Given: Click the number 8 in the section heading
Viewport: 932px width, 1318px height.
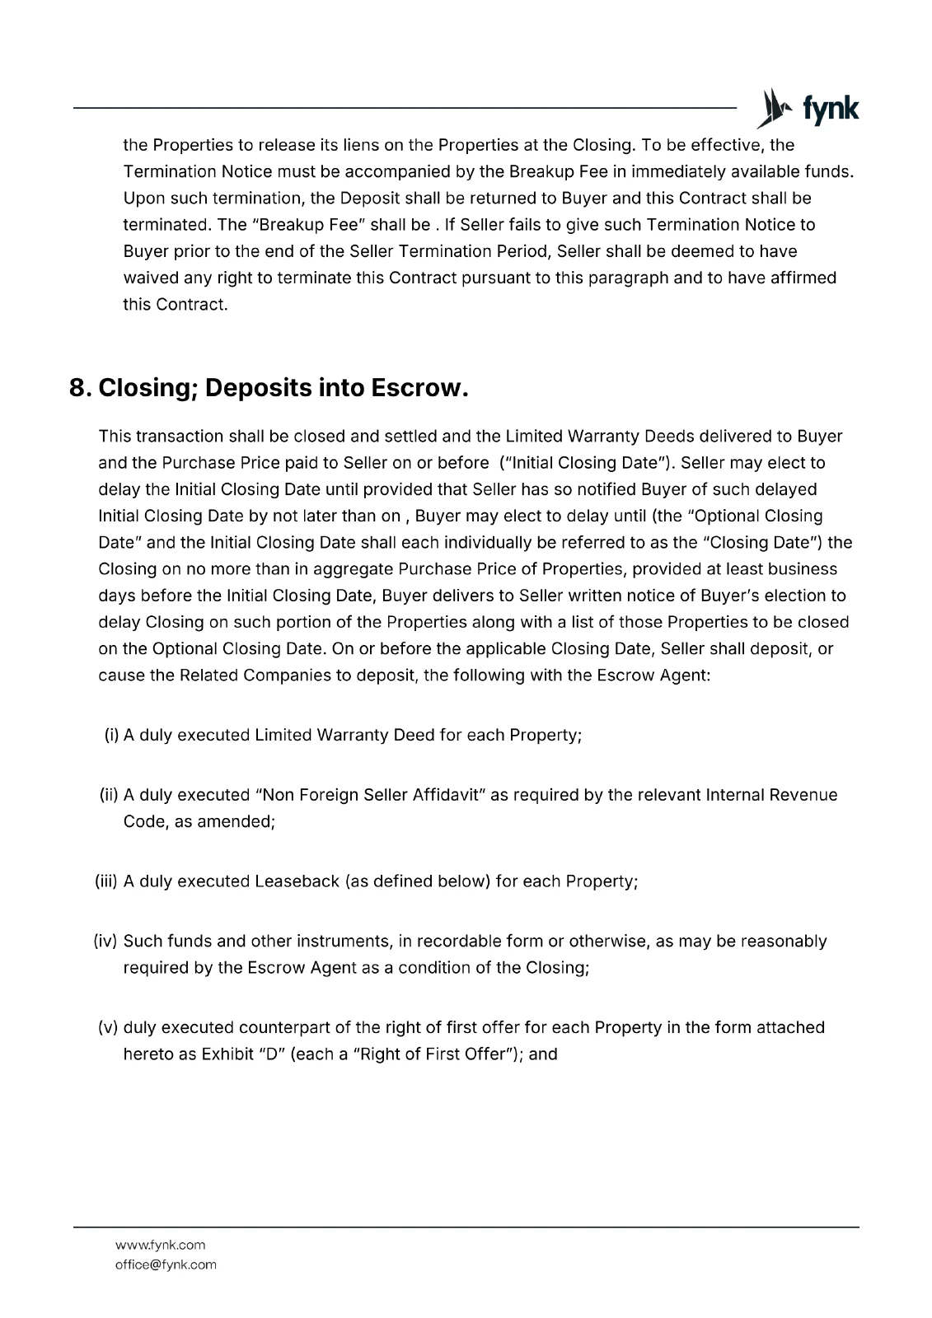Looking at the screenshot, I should tap(79, 388).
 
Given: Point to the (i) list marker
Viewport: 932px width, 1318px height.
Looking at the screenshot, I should tap(111, 735).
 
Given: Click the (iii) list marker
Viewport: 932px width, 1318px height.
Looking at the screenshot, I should tap(107, 881).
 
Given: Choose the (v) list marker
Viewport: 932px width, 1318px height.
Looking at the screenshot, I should tap(109, 1027).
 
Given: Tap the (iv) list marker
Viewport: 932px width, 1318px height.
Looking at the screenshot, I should tap(107, 941).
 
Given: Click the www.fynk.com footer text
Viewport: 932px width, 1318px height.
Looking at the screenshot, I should tap(160, 1245).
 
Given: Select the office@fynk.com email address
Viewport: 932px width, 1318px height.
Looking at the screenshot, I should tap(166, 1264).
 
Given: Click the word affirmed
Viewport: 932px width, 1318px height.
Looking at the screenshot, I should tap(801, 278).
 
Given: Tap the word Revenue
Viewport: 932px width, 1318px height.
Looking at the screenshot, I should tap(803, 795).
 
